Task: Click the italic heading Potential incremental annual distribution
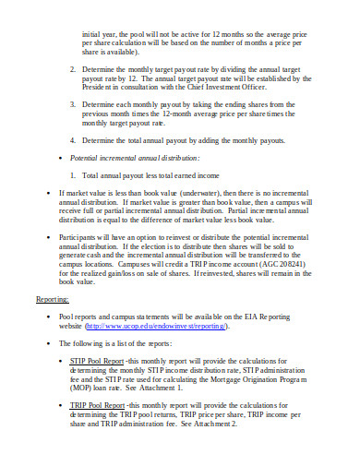[x=148, y=158]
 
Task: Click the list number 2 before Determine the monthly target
[x=74, y=68]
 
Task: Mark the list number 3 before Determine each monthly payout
[x=74, y=104]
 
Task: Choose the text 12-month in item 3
[x=191, y=114]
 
